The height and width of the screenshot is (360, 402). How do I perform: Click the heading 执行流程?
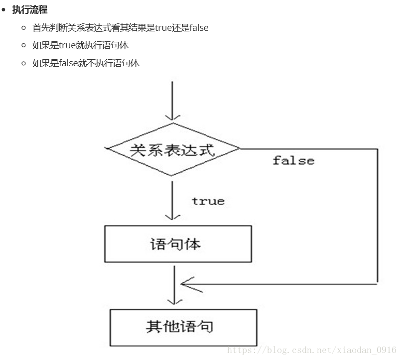[30, 9]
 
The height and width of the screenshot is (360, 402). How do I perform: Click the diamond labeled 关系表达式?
[172, 149]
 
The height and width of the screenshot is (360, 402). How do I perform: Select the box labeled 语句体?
[178, 244]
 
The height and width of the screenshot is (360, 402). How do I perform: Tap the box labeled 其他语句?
[183, 327]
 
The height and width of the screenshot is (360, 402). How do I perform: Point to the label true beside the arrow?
[208, 201]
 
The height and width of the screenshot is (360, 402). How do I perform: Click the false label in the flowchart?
[293, 160]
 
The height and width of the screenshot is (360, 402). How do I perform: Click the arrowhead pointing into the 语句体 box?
[172, 216]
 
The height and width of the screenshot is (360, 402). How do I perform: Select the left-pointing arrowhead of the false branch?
[185, 284]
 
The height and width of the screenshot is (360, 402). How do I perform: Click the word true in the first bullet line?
[163, 28]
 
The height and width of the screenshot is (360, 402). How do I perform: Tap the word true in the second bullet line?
[67, 45]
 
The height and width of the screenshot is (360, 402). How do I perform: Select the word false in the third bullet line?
[68, 63]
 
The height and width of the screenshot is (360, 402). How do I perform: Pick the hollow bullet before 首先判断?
[23, 28]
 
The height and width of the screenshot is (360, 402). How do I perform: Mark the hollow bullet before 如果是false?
[23, 63]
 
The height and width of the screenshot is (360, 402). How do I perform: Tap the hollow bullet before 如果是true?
[23, 45]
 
